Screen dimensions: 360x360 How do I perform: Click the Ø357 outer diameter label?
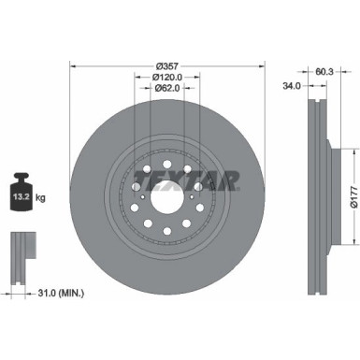[x=168, y=65]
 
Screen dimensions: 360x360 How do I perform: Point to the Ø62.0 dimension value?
[x=168, y=89]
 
